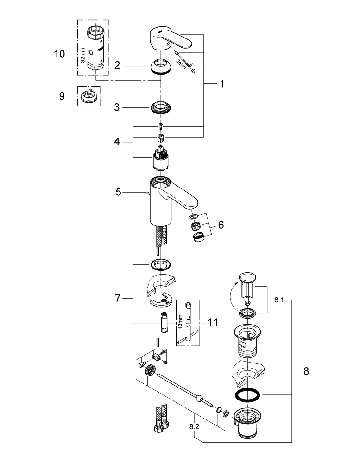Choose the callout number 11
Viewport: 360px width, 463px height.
click(x=213, y=321)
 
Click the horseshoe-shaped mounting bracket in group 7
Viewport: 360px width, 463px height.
click(x=160, y=301)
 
